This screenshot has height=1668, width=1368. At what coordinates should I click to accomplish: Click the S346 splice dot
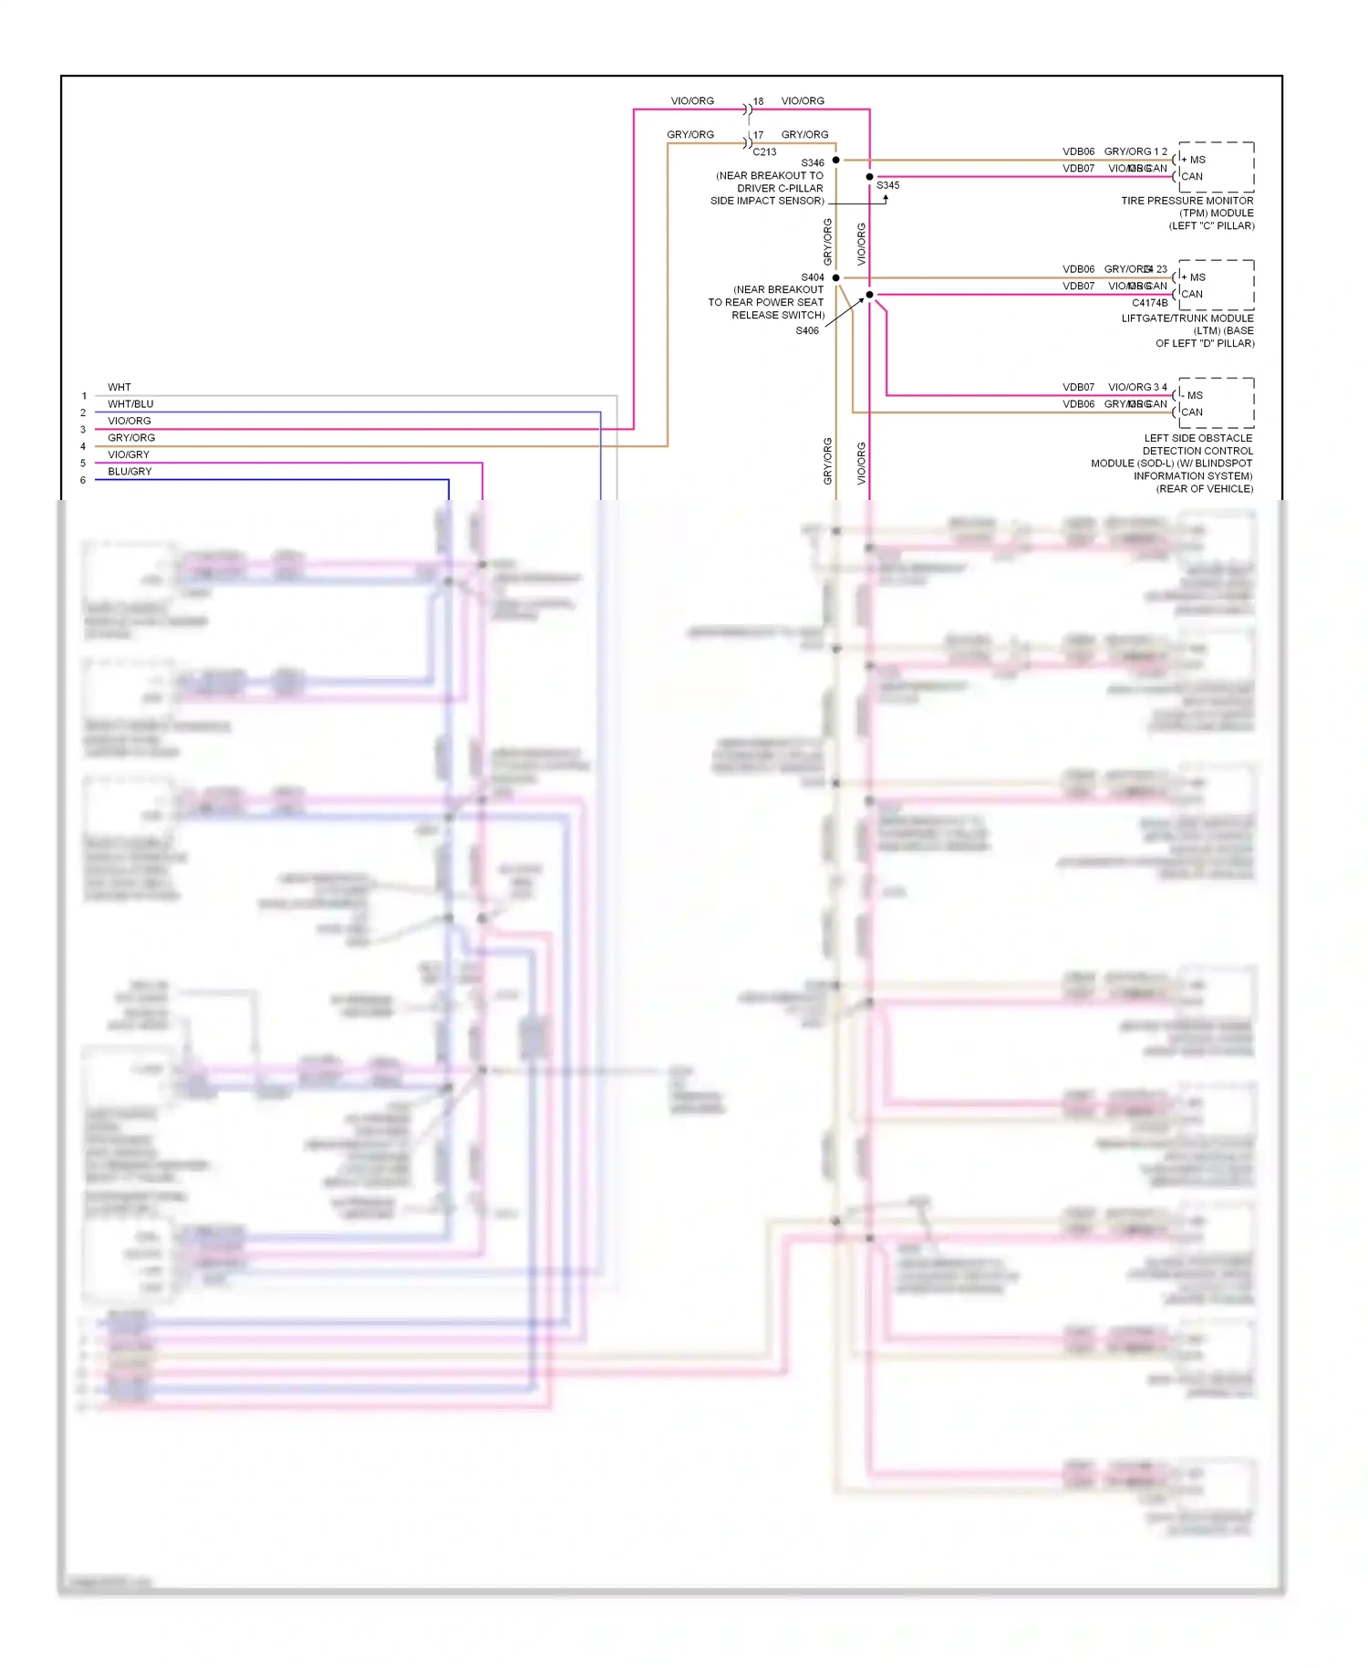pyautogui.click(x=835, y=160)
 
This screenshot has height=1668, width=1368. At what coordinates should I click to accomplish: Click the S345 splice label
pyautogui.click(x=887, y=185)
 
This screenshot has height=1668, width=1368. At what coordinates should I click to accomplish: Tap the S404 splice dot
pyautogui.click(x=835, y=277)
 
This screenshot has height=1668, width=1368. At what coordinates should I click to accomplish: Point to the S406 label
pyautogui.click(x=807, y=330)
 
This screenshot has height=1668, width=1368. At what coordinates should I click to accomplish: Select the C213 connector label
pyautogui.click(x=764, y=152)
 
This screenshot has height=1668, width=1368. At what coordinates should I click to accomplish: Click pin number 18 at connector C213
pyautogui.click(x=758, y=101)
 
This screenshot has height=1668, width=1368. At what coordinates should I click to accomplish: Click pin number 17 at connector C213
pyautogui.click(x=758, y=135)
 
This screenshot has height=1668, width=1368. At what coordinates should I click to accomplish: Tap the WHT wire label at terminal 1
pyautogui.click(x=119, y=387)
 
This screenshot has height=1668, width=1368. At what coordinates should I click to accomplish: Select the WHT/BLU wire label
pyautogui.click(x=130, y=403)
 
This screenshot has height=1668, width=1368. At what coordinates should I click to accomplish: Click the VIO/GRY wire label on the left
pyautogui.click(x=129, y=454)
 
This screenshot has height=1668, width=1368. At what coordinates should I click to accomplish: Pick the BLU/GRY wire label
pyautogui.click(x=130, y=471)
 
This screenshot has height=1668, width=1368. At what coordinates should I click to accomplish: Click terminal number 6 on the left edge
pyautogui.click(x=83, y=480)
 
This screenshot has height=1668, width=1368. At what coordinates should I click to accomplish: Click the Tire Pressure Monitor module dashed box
pyautogui.click(x=1216, y=167)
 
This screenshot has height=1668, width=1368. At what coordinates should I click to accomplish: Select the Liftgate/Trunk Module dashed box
pyautogui.click(x=1216, y=285)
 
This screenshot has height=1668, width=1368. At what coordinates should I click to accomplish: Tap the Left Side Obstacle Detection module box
pyautogui.click(x=1216, y=402)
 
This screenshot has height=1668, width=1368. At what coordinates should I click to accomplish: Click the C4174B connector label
pyautogui.click(x=1149, y=303)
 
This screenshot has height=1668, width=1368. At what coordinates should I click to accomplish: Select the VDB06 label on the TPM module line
pyautogui.click(x=1078, y=151)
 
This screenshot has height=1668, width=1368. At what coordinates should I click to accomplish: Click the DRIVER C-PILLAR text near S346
pyautogui.click(x=780, y=188)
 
